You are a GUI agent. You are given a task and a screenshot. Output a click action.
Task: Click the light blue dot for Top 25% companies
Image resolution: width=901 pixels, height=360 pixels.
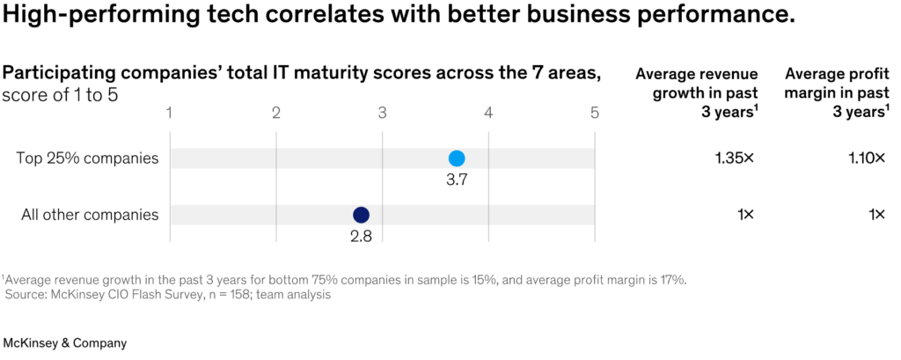coord(457,158)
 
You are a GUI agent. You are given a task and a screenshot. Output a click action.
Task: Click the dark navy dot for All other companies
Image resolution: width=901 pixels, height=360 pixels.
coord(361,215)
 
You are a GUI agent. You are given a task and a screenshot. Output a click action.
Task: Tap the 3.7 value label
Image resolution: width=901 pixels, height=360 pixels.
coord(457,180)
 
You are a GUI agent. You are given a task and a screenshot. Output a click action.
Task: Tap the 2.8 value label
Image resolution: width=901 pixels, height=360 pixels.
coord(361,237)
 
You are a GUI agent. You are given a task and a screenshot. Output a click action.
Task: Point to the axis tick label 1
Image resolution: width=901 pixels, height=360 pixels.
coord(170,113)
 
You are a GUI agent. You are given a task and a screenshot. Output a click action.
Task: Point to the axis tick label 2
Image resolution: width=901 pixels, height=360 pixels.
coord(275,113)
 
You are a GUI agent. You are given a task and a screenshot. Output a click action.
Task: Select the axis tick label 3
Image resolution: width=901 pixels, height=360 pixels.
coord(382,113)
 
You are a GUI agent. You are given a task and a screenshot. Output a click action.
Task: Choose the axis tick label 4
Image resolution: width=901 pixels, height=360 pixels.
coord(488,113)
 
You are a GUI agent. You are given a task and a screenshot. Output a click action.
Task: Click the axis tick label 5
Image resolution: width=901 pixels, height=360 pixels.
coord(595,113)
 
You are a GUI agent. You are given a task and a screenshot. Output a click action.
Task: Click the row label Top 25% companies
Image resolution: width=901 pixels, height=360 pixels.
coord(87,158)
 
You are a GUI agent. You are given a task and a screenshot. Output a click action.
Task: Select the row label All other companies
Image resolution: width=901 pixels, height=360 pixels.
coord(91,215)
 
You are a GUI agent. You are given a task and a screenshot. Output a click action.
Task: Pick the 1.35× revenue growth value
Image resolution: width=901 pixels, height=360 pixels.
coord(734,158)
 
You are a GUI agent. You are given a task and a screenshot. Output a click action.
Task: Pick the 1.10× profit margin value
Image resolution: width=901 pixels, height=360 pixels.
coord(867,158)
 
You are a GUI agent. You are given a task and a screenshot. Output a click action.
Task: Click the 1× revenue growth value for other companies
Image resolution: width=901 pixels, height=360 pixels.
coord(746,215)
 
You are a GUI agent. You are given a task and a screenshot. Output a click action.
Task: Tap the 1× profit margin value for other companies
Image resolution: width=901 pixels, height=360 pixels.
coord(878,215)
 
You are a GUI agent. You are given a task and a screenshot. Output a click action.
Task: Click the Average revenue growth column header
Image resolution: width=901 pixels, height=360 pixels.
coord(697,92)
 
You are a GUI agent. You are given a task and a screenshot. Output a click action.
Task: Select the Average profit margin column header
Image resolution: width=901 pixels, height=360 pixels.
coord(838,92)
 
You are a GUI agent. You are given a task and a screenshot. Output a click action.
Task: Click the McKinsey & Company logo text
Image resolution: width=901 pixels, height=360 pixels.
coord(65,343)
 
